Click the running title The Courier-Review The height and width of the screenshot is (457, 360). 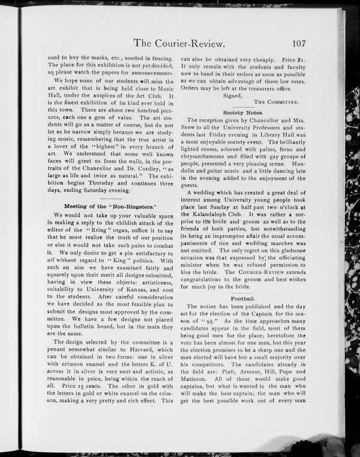(x=180, y=43)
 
